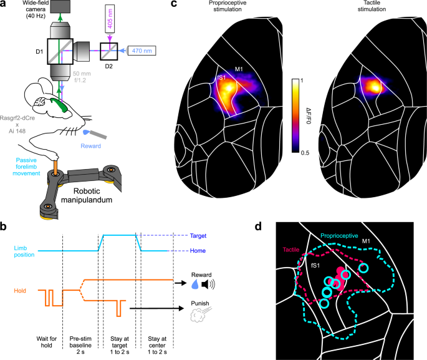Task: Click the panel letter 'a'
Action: click(x=4, y=5)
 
